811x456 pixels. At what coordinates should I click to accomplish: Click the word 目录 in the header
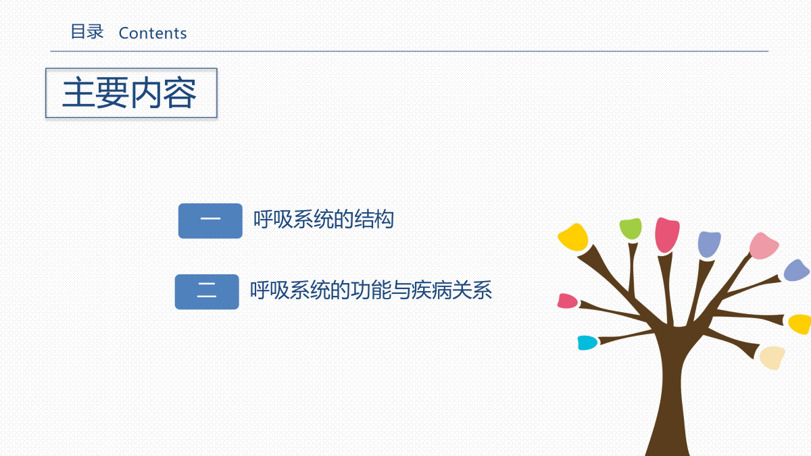pyautogui.click(x=87, y=32)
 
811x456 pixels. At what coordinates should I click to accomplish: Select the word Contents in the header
pyautogui.click(x=153, y=33)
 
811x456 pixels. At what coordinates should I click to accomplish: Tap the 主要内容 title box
pyautogui.click(x=131, y=93)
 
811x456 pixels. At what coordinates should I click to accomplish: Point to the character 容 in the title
pyautogui.click(x=180, y=93)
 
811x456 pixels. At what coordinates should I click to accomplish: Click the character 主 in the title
pyautogui.click(x=79, y=93)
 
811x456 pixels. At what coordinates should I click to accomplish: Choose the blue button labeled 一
pyautogui.click(x=210, y=221)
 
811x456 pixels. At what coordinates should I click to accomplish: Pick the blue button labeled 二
pyautogui.click(x=207, y=292)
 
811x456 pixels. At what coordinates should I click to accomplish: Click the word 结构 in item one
pyautogui.click(x=374, y=219)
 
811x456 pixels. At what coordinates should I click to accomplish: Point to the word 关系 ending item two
pyautogui.click(x=472, y=290)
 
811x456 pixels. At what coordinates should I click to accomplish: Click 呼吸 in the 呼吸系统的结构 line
pyautogui.click(x=273, y=219)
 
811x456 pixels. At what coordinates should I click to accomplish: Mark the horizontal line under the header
pyautogui.click(x=409, y=51)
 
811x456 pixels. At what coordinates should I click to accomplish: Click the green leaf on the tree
pyautogui.click(x=631, y=229)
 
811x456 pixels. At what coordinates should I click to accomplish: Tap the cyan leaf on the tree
pyautogui.click(x=587, y=343)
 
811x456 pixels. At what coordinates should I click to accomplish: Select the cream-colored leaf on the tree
pyautogui.click(x=772, y=357)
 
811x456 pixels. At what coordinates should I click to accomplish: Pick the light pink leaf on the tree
pyautogui.click(x=764, y=246)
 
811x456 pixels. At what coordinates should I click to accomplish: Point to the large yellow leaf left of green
pyautogui.click(x=574, y=237)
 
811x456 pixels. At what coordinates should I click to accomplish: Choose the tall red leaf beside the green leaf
pyautogui.click(x=667, y=235)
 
